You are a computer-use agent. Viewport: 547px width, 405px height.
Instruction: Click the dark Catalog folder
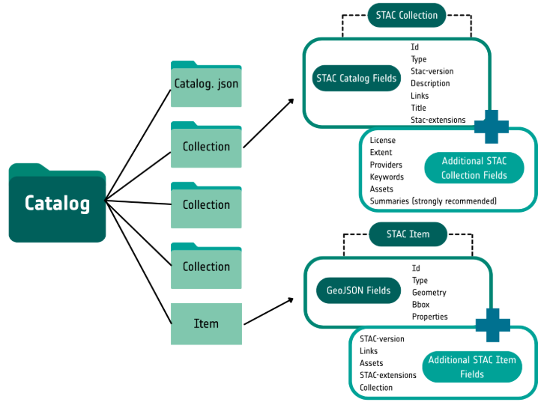tap(57, 204)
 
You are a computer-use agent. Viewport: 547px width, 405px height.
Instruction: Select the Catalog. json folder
tap(206, 84)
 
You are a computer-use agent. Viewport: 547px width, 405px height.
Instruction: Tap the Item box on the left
tap(206, 323)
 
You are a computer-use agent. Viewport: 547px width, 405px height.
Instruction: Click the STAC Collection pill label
tap(408, 14)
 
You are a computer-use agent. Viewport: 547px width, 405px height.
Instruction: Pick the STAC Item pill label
tap(408, 234)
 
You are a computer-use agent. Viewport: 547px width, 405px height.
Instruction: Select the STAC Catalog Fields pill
tap(357, 78)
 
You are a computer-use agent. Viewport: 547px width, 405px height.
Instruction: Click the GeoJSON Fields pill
tap(358, 290)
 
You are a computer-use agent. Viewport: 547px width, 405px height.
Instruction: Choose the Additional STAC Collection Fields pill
tap(474, 168)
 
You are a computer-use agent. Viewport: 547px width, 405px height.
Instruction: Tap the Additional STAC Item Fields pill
tap(472, 367)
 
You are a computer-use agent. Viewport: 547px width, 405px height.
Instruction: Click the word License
tap(382, 141)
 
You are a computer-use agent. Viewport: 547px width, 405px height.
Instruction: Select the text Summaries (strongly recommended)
tap(433, 201)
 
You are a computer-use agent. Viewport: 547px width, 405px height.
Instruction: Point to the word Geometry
tap(429, 293)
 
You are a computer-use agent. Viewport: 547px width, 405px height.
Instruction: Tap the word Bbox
tap(421, 305)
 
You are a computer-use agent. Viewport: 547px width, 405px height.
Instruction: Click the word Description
tap(430, 84)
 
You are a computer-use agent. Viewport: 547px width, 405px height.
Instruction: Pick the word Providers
tap(386, 165)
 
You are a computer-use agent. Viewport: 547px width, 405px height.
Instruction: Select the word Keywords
tap(387, 177)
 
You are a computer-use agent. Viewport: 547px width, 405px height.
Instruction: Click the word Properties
tap(429, 317)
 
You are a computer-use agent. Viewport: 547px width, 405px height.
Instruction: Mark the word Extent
tap(381, 153)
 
